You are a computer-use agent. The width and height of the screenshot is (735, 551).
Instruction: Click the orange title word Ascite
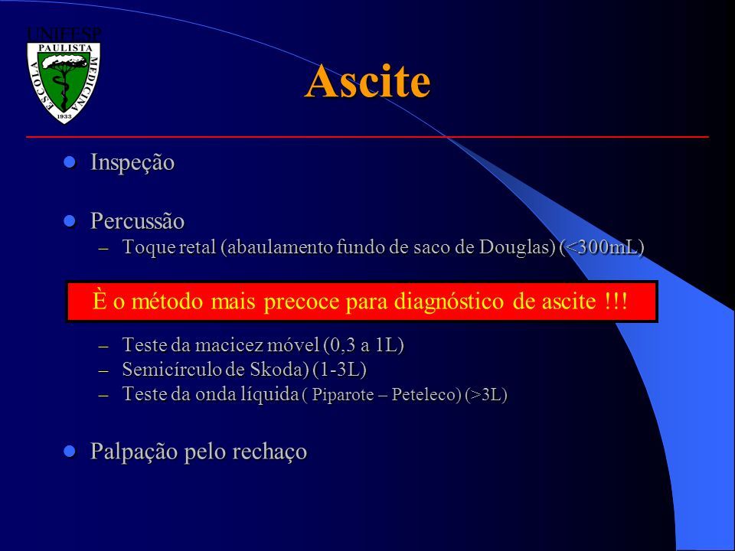pos(367,80)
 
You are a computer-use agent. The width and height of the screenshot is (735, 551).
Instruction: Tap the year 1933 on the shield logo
pos(64,116)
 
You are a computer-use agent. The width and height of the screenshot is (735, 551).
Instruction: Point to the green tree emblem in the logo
pos(64,80)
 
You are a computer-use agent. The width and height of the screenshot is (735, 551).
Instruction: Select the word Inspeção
pos(132,162)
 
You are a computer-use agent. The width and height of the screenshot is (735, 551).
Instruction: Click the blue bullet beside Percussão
pos(70,220)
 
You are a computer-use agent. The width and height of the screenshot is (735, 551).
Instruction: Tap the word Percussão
pos(137,220)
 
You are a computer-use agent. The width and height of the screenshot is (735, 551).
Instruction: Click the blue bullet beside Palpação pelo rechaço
pos(70,452)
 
